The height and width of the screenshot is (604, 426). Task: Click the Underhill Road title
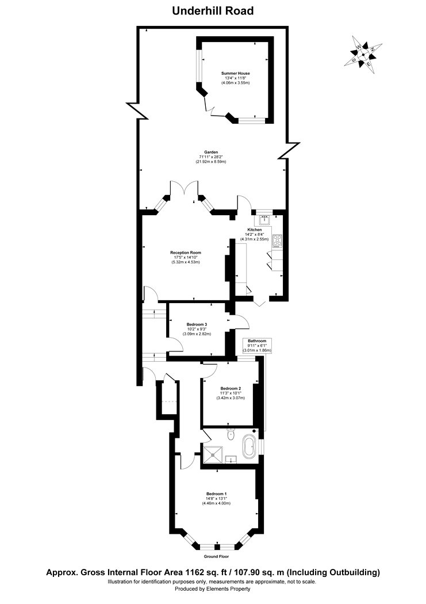click(213, 10)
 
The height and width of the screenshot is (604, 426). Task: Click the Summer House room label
click(236, 74)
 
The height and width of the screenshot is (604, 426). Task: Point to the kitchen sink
click(266, 219)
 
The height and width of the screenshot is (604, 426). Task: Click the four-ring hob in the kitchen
click(277, 240)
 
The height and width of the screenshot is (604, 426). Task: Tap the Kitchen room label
click(255, 230)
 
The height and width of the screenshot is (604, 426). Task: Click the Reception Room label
click(185, 253)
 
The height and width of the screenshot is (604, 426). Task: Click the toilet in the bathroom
click(231, 435)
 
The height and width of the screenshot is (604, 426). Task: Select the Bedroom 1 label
click(216, 494)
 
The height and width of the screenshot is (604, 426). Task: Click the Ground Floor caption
click(216, 557)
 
